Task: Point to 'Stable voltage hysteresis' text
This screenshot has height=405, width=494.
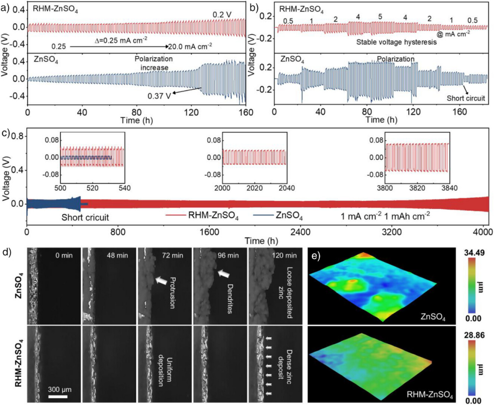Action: [x=397, y=42]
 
